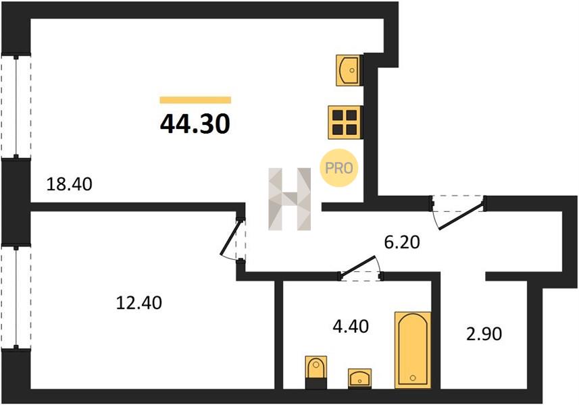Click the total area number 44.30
point(195,124)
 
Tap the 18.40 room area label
point(70,184)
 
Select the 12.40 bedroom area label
point(139,303)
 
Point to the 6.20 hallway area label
point(402,242)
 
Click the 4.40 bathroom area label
point(351,327)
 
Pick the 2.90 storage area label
point(484,334)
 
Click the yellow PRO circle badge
point(339,168)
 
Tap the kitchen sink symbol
point(348,70)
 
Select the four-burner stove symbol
point(344,122)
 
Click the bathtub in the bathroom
point(413,350)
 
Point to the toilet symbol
point(316,372)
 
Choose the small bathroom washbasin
point(359,378)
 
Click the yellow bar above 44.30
point(195,100)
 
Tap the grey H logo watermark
point(290,199)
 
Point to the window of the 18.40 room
point(16,107)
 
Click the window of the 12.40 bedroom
point(16,297)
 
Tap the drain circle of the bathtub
point(413,378)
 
